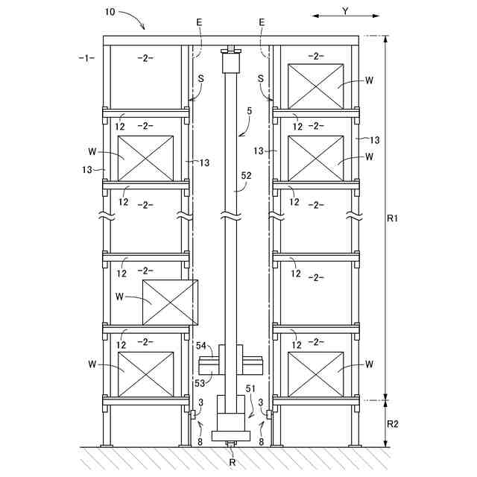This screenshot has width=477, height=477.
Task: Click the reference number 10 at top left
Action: click(110, 12)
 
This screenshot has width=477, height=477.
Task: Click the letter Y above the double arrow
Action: click(345, 11)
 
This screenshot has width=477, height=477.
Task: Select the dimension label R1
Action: click(393, 218)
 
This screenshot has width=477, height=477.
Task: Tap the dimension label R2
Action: click(393, 424)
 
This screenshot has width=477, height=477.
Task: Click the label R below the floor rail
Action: click(232, 462)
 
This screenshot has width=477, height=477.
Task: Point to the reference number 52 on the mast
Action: click(246, 176)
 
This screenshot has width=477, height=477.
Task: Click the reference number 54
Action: click(201, 346)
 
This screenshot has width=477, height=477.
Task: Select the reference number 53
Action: click(200, 383)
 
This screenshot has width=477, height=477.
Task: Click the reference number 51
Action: click(250, 389)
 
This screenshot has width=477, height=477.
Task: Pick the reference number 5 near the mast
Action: click(250, 111)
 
